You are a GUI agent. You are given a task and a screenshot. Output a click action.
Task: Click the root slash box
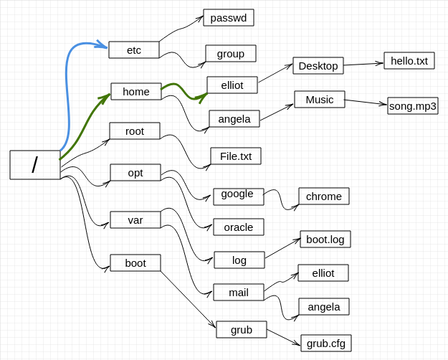pos(35,165)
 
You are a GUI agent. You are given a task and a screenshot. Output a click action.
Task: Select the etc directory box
pos(134,49)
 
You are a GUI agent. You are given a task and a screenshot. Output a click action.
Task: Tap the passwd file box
pos(229,18)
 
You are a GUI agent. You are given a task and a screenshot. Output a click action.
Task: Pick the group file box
pos(231,54)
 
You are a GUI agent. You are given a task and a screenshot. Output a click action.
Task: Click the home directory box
pos(136,92)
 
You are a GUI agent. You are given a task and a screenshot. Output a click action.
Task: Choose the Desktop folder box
pos(318,66)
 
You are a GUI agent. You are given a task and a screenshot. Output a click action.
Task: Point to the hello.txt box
pos(409,61)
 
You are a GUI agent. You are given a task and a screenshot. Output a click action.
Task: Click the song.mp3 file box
pos(413,106)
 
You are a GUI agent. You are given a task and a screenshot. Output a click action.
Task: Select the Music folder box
pos(320,100)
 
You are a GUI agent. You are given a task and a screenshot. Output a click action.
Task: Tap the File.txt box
pos(236,156)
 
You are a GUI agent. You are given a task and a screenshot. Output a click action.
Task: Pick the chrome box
pos(324,196)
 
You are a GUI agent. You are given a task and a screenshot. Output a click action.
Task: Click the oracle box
pos(239,227)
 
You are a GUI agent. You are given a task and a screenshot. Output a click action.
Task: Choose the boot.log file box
pos(325,239)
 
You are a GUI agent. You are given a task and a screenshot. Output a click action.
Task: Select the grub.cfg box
pos(326,343)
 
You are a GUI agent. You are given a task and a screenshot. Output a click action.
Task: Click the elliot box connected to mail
pos(323,273)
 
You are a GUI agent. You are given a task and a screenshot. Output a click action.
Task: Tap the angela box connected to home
pos(234,118)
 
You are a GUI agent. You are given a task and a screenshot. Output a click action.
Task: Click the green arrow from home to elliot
pos(182,90)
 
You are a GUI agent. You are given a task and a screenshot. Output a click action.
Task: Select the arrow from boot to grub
pos(188,299)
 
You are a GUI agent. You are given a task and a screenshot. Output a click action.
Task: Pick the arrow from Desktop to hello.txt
pos(363,64)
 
